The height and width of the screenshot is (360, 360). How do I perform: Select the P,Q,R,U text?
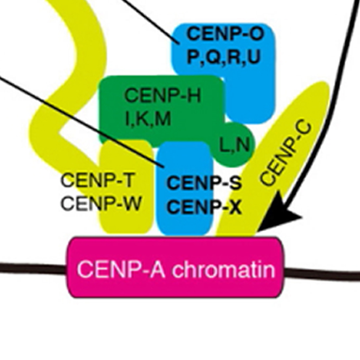click(223, 56)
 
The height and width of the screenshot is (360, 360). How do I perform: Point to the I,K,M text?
click(148, 119)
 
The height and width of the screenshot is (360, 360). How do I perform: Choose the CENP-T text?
click(97, 180)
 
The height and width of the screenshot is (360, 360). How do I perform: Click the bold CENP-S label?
click(204, 184)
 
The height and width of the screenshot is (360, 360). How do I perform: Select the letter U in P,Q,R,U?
click(253, 56)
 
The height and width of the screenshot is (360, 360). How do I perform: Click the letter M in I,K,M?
click(163, 119)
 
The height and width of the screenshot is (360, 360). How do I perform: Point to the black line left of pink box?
click(32, 268)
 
